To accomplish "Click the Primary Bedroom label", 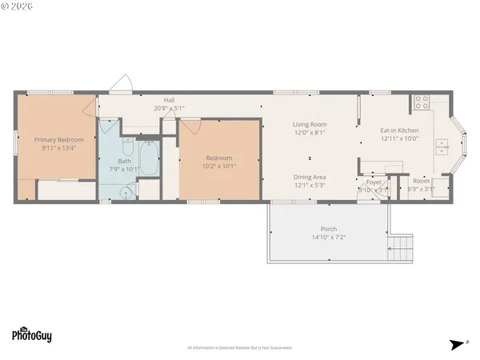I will (x=53, y=139).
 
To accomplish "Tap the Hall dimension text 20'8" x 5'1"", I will (x=170, y=108).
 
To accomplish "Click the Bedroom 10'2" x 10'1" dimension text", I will (x=219, y=166).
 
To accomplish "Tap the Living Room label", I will (x=309, y=124).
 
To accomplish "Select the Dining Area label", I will (x=309, y=178).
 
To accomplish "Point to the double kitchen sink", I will (x=441, y=145).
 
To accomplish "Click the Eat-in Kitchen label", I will (x=398, y=130).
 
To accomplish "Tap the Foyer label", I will (x=374, y=182).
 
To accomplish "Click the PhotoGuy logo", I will (x=32, y=334).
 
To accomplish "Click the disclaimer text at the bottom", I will (x=240, y=348).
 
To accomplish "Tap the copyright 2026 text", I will (x=18, y=6).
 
